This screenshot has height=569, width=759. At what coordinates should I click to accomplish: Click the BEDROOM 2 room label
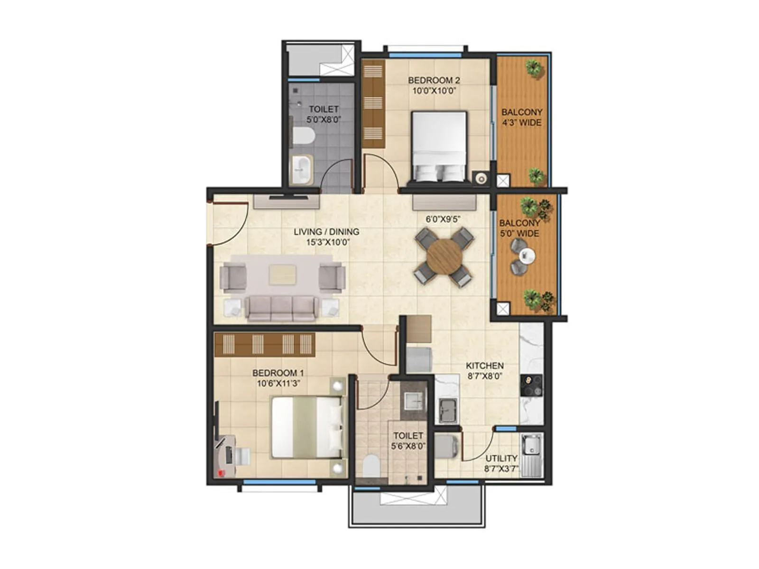click(434, 80)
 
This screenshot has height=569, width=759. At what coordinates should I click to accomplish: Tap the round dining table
click(444, 257)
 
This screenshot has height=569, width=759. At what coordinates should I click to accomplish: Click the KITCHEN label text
click(484, 366)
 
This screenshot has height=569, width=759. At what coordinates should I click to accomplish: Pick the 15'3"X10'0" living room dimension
click(327, 242)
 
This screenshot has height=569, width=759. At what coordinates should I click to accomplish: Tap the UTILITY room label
click(501, 459)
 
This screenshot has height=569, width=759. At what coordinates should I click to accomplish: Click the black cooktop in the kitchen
click(531, 385)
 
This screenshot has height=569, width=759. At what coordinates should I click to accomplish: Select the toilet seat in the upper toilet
click(303, 137)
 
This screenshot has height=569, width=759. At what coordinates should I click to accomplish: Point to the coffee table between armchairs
click(283, 275)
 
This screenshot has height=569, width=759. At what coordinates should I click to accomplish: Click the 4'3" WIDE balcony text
click(522, 123)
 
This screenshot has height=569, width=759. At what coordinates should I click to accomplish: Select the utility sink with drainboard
click(531, 454)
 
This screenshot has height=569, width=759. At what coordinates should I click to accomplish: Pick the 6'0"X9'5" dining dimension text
click(443, 219)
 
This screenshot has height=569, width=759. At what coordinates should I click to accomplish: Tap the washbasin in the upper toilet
click(300, 170)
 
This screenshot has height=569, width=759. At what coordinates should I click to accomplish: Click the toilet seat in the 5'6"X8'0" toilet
click(370, 466)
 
